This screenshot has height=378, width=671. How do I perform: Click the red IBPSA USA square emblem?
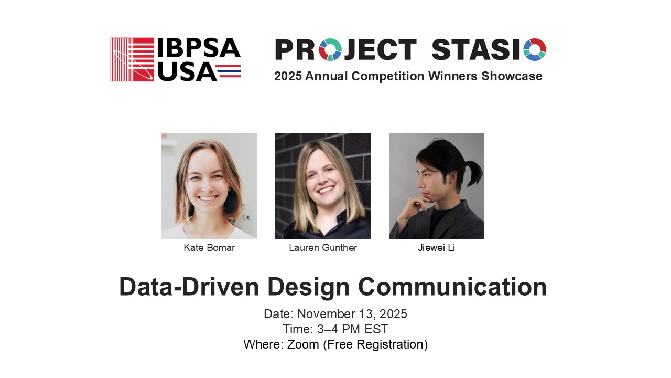pyautogui.click(x=132, y=59)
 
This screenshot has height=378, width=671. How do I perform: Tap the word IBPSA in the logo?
pyautogui.click(x=199, y=48)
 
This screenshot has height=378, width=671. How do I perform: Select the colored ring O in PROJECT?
pyautogui.click(x=330, y=49)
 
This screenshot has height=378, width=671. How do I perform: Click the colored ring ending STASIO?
pyautogui.click(x=535, y=49)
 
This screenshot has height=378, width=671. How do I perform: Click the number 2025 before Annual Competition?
pyautogui.click(x=288, y=76)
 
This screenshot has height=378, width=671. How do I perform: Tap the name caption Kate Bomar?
pyautogui.click(x=209, y=248)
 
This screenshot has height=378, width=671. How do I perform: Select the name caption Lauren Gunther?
pyautogui.click(x=323, y=248)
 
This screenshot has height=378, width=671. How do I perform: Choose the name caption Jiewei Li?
pyautogui.click(x=437, y=248)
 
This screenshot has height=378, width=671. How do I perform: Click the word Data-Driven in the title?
pyautogui.click(x=189, y=287)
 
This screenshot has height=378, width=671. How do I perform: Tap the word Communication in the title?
pyautogui.click(x=452, y=287)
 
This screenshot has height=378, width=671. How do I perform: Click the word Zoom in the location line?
pyautogui.click(x=303, y=344)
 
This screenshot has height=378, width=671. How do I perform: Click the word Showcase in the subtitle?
pyautogui.click(x=512, y=76)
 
